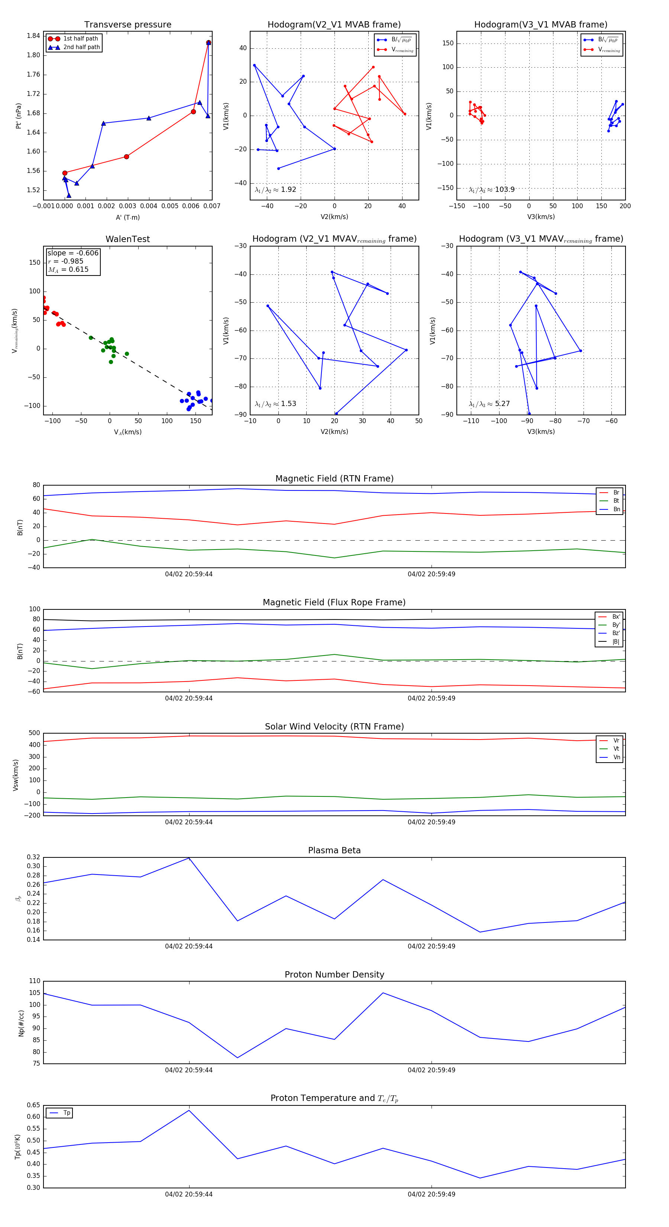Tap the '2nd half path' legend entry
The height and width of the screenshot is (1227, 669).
(x=81, y=47)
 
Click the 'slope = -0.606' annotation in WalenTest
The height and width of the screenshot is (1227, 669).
(x=73, y=253)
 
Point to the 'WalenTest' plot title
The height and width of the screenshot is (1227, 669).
(x=127, y=239)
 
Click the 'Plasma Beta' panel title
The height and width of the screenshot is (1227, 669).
(x=334, y=850)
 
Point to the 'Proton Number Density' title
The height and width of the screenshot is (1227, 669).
(x=334, y=975)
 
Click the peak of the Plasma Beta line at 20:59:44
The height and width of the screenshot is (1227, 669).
(x=189, y=858)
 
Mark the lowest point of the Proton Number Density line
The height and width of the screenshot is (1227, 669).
(x=237, y=1058)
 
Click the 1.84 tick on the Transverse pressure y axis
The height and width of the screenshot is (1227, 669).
(x=33, y=36)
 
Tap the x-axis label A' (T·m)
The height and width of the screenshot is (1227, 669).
(x=127, y=217)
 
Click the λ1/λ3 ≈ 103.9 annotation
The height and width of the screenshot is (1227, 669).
(x=491, y=190)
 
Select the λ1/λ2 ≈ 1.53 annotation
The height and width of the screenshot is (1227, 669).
(x=275, y=404)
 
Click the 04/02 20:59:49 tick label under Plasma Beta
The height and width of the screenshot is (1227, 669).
(x=432, y=946)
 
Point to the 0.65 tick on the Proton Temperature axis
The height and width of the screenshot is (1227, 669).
(x=33, y=1105)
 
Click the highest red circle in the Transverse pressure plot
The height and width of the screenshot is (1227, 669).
(x=209, y=43)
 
